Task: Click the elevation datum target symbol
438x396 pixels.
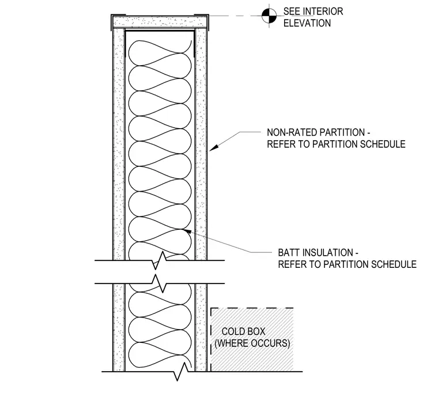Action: (269, 16)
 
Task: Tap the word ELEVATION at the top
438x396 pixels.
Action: (307, 23)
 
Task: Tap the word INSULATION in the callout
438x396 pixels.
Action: (327, 253)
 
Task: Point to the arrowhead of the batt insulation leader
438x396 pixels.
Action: (187, 231)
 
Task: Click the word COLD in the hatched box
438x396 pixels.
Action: (232, 331)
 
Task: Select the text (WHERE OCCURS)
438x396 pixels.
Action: (252, 343)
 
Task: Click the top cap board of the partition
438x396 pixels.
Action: (160, 22)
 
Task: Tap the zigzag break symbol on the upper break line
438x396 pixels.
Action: (159, 260)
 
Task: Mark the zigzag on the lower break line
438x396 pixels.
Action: (159, 283)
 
